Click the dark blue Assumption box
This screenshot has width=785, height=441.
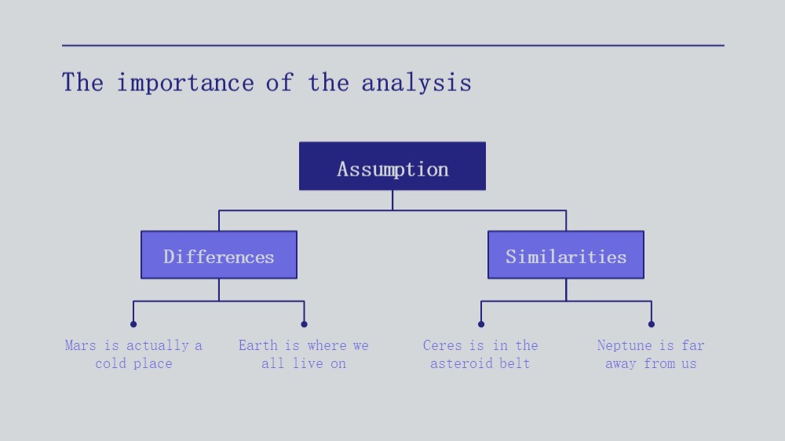click(x=392, y=166)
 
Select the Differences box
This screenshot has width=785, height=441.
click(x=219, y=255)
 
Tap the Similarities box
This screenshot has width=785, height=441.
click(x=566, y=255)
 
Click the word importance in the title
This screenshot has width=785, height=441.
click(x=185, y=83)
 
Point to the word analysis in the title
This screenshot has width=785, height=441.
click(x=416, y=83)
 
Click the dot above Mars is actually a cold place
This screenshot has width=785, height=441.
click(x=133, y=324)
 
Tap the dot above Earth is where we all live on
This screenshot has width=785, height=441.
click(x=304, y=324)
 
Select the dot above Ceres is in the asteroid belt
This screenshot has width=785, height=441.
click(x=481, y=324)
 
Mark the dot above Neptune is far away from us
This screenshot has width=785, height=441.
click(x=652, y=324)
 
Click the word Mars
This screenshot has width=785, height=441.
click(x=80, y=345)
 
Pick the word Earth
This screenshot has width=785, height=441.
click(x=257, y=345)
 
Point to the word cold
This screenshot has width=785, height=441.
click(x=111, y=363)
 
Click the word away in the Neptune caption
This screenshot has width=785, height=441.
click(x=620, y=364)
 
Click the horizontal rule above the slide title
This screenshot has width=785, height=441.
click(x=393, y=46)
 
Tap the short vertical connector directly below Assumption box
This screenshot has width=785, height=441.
click(x=392, y=200)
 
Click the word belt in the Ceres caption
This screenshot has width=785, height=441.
click(x=515, y=363)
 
